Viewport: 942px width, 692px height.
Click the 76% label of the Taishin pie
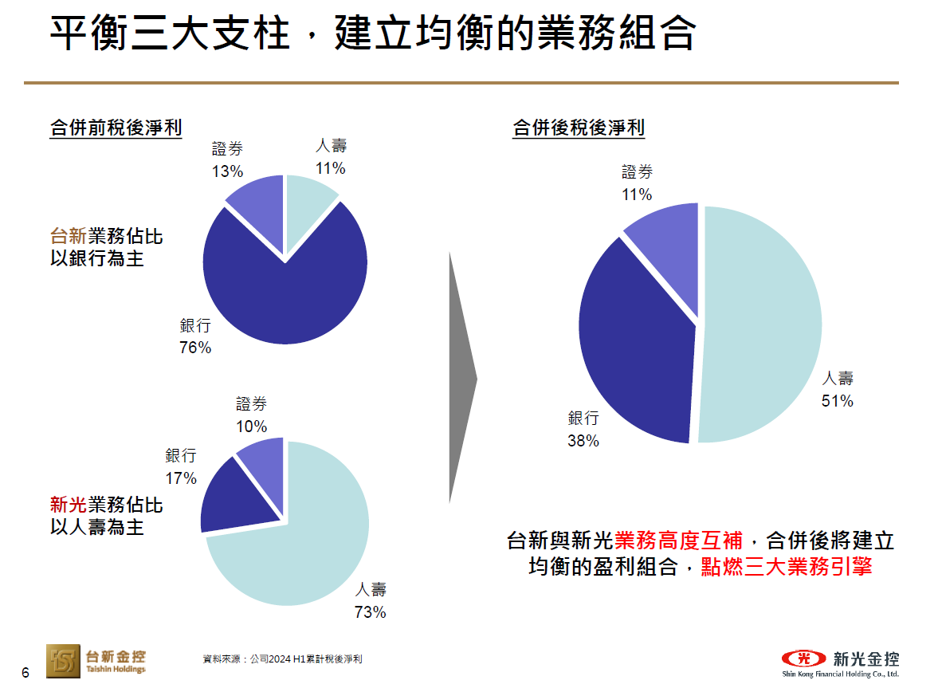(195, 348)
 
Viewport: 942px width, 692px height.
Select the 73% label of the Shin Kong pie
(370, 611)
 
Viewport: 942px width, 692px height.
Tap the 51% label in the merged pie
(837, 401)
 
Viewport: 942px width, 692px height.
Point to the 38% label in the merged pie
(583, 440)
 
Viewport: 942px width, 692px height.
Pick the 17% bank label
(181, 478)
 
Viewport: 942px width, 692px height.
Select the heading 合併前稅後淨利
(116, 128)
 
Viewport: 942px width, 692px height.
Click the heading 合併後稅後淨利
(578, 128)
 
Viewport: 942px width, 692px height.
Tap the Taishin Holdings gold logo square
(63, 661)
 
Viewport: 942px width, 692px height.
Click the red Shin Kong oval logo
(804, 659)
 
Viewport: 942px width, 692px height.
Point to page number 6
(25, 673)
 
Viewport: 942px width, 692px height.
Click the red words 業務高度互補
(678, 541)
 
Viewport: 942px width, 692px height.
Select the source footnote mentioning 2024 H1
(283, 659)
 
